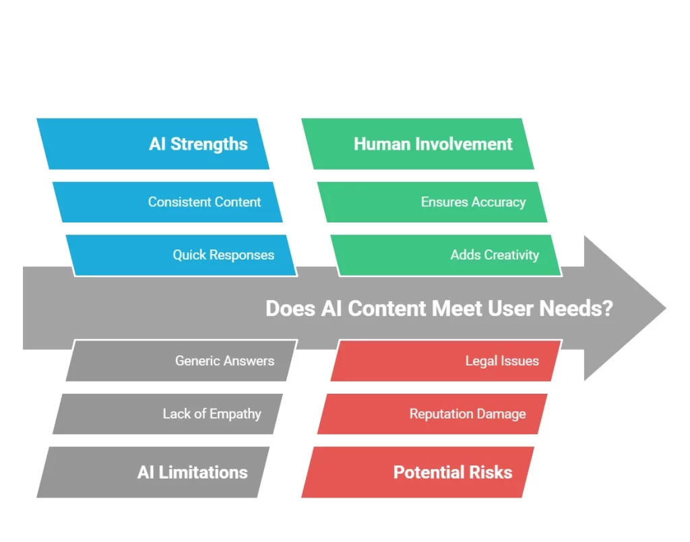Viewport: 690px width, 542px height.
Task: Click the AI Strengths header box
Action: (x=153, y=144)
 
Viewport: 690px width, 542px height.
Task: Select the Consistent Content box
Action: (x=168, y=202)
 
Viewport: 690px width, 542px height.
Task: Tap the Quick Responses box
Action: (x=181, y=255)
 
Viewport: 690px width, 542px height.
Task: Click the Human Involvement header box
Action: (x=417, y=144)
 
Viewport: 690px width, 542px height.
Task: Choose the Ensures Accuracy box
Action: (x=437, y=202)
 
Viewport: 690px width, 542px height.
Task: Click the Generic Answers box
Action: (x=181, y=361)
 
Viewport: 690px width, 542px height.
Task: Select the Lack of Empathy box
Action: (x=168, y=414)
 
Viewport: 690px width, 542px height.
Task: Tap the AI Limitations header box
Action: (x=153, y=472)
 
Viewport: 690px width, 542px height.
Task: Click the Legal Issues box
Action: (x=446, y=361)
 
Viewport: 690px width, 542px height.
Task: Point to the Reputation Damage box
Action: (x=433, y=414)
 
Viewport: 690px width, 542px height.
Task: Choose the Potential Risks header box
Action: (x=417, y=472)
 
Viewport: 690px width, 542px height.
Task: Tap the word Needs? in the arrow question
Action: (x=584, y=308)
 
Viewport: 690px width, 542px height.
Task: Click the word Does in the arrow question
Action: (x=286, y=308)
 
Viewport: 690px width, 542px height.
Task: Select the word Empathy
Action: (x=235, y=414)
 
